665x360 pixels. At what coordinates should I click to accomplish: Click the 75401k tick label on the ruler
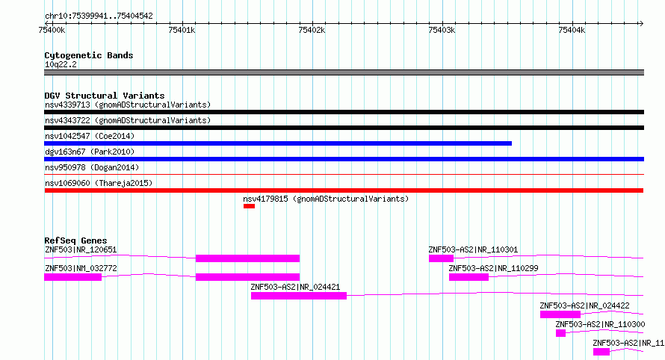[x=182, y=30]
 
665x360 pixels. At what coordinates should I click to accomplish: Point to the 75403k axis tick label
[x=442, y=30]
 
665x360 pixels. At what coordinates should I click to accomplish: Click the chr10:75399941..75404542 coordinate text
[x=99, y=16]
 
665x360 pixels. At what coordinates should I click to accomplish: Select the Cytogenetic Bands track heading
[x=89, y=55]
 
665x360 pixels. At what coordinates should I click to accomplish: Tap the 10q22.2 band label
[x=61, y=64]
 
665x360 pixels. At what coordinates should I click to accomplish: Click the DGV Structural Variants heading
[x=105, y=96]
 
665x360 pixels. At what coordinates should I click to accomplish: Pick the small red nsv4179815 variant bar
[x=249, y=206]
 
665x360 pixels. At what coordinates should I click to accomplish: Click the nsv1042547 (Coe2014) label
[x=90, y=136]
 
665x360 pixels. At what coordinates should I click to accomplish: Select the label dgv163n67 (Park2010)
[x=90, y=152]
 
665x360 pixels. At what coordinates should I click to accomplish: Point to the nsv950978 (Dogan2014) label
[x=92, y=167]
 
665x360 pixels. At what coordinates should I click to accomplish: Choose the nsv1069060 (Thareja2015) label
[x=99, y=183]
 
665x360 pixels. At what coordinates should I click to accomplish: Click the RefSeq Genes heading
[x=75, y=240]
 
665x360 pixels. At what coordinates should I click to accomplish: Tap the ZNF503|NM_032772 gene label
[x=81, y=268]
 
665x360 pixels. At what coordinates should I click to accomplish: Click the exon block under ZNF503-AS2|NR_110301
[x=441, y=258]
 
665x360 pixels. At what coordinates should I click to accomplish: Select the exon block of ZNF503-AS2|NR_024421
[x=299, y=296]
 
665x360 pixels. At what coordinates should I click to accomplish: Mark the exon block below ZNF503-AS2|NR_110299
[x=468, y=277]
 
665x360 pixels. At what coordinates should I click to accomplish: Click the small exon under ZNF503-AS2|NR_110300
[x=560, y=333]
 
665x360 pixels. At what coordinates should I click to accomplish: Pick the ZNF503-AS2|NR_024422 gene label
[x=584, y=305]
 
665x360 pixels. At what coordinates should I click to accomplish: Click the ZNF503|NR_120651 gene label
[x=81, y=249]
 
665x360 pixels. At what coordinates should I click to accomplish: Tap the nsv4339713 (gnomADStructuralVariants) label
[x=128, y=105]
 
